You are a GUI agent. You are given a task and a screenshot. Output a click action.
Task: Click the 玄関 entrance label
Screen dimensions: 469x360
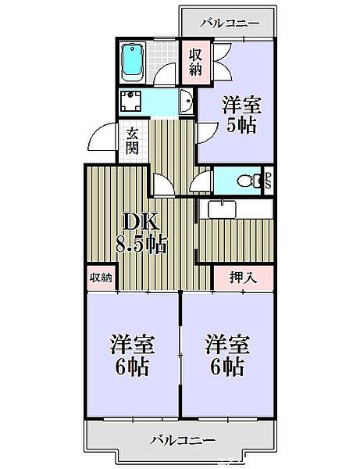point(134,141)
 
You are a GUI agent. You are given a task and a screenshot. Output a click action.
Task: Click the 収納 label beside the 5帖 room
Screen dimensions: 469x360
point(196,63)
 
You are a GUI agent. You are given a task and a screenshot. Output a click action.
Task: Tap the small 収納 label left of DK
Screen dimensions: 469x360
point(101,277)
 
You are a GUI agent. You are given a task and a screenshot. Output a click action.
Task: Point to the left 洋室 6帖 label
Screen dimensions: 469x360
point(132,355)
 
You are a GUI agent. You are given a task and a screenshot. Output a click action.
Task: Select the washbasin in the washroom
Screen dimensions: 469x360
point(184,102)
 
